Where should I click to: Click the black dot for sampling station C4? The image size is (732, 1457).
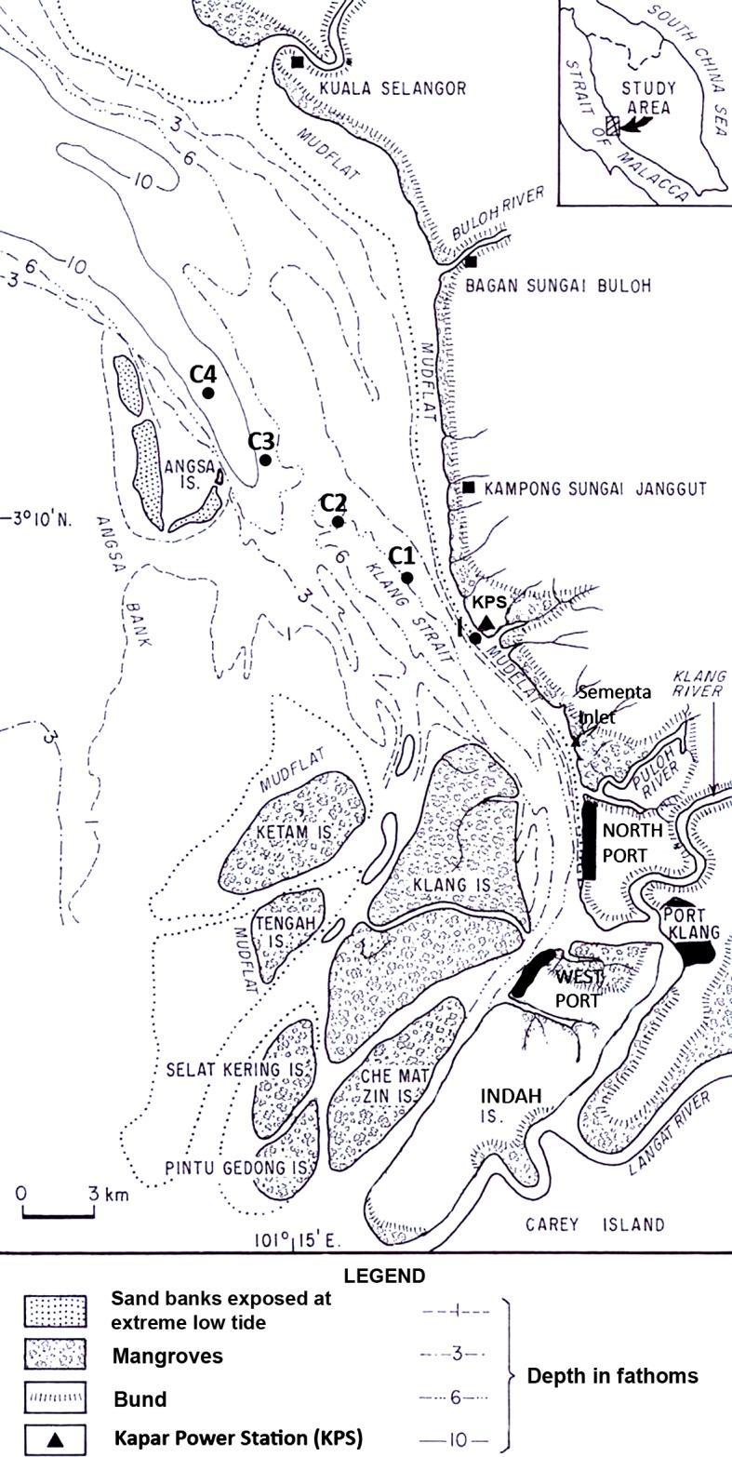[208, 393]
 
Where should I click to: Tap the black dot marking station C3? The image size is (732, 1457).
[265, 460]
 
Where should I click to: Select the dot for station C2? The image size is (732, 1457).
[338, 522]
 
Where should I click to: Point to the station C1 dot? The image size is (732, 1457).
[406, 578]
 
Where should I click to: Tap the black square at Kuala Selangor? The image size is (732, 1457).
[297, 62]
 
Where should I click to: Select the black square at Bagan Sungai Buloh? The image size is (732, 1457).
[471, 261]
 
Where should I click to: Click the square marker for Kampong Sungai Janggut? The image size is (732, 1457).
[469, 488]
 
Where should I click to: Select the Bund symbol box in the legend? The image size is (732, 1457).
[55, 1397]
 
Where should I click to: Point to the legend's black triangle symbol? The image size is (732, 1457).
[55, 1438]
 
